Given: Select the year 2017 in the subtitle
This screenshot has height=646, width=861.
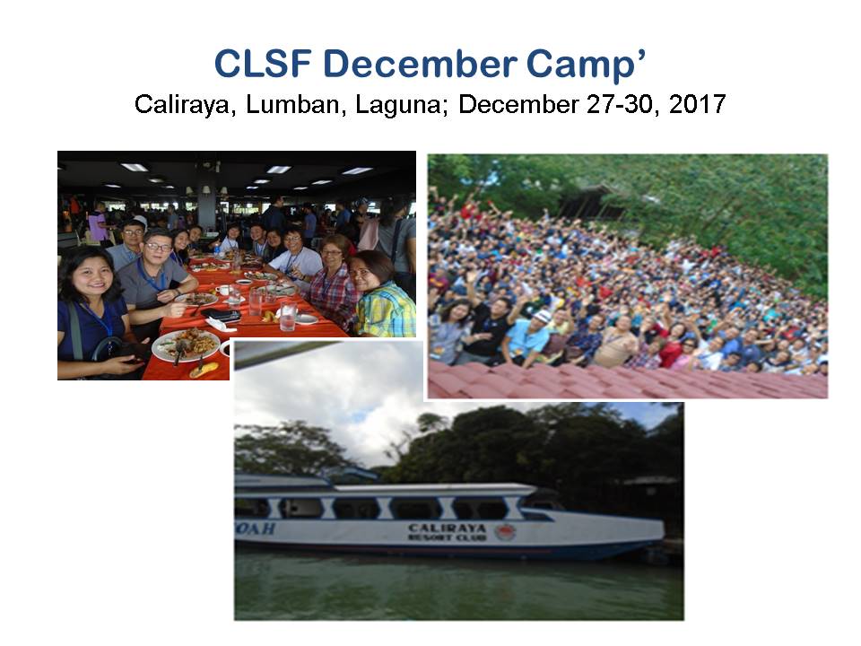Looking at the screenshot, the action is tap(698, 104).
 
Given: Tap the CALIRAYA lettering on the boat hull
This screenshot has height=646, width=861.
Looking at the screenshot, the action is tap(447, 528).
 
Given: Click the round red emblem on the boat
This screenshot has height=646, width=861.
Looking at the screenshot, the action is tap(505, 532).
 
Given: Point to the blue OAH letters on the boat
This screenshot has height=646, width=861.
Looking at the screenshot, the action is tap(255, 528).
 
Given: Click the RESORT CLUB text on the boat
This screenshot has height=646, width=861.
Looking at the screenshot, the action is tap(447, 537).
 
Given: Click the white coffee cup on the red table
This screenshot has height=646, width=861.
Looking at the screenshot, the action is tap(222, 290).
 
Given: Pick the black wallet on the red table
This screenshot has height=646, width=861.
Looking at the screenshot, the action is tap(222, 315).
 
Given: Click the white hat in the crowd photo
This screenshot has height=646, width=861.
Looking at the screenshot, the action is tap(542, 317).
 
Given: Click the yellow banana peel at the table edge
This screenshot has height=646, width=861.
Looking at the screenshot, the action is tap(204, 370).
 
